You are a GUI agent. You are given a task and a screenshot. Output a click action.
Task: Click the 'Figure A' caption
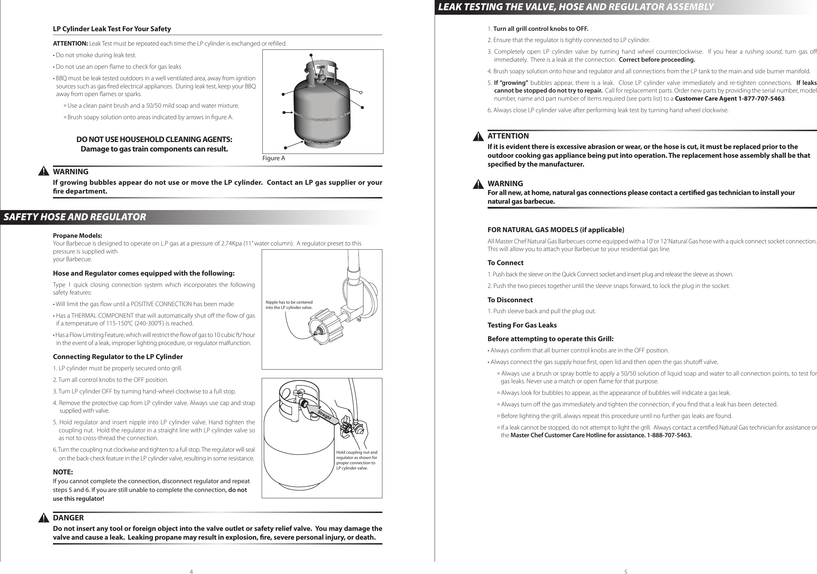pyautogui.click(x=274, y=158)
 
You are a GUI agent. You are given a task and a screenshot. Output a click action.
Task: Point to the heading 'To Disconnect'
pyautogui.click(x=510, y=300)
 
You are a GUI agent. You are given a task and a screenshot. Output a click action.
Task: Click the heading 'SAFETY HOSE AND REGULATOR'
pyautogui.click(x=75, y=217)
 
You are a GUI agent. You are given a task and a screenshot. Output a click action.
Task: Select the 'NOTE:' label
pyautogui.click(x=63, y=472)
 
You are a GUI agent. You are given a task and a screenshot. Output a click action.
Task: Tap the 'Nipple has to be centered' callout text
pyautogui.click(x=289, y=305)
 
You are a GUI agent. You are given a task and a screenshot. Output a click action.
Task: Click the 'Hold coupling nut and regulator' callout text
pyautogui.click(x=356, y=460)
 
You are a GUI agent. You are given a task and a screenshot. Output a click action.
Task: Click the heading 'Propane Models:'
pyautogui.click(x=77, y=236)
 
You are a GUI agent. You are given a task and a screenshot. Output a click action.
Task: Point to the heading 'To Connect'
pyautogui.click(x=505, y=263)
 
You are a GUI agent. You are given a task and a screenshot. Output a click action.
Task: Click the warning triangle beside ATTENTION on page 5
pyautogui.click(x=478, y=136)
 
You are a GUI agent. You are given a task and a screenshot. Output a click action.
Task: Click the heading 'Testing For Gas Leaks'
pyautogui.click(x=522, y=325)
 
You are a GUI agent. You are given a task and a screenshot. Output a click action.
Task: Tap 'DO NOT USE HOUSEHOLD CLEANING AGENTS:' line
pyautogui.click(x=154, y=139)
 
